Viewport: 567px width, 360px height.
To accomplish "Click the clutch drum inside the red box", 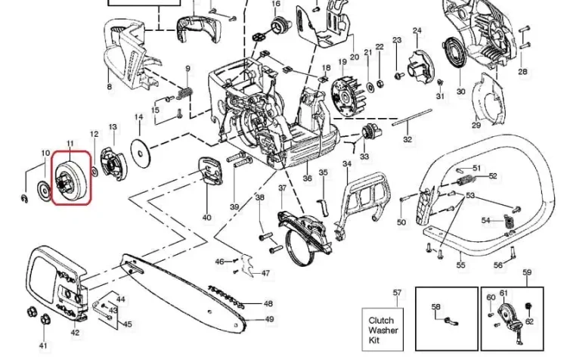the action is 70,178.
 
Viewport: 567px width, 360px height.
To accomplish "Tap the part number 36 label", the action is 308,178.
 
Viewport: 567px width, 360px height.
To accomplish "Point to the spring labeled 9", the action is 184,94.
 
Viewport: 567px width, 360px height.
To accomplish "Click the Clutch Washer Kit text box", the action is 383,330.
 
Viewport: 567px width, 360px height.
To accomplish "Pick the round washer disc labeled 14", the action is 141,154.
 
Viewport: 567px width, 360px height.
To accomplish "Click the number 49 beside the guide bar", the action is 269,319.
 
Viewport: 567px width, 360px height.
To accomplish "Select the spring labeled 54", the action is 509,221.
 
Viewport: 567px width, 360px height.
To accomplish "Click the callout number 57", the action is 397,293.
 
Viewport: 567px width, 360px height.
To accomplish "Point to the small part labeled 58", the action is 451,321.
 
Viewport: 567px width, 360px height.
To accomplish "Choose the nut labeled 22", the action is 380,84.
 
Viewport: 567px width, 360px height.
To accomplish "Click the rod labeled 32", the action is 412,117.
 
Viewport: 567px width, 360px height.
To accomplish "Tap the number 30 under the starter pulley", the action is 460,92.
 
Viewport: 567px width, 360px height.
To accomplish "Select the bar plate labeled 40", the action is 209,172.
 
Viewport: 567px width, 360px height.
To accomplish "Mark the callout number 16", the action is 276,4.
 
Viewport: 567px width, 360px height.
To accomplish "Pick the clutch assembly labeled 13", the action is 112,163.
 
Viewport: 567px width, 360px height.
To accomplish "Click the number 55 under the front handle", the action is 460,265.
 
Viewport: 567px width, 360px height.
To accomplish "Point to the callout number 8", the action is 109,86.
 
